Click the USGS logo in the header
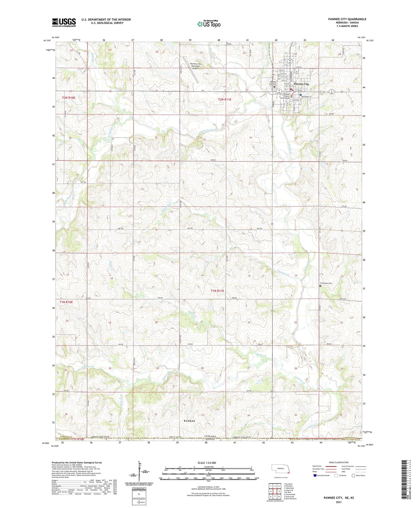click(x=64, y=22)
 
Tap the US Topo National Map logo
click(x=209, y=24)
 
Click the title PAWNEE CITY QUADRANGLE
click(x=343, y=19)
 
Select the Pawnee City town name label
click(x=302, y=84)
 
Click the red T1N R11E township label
click(x=218, y=291)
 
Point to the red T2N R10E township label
click(x=69, y=98)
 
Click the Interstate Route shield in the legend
click(x=315, y=475)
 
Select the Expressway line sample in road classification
click(x=330, y=466)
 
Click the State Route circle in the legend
click(x=353, y=475)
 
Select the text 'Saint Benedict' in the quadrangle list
click(x=291, y=498)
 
